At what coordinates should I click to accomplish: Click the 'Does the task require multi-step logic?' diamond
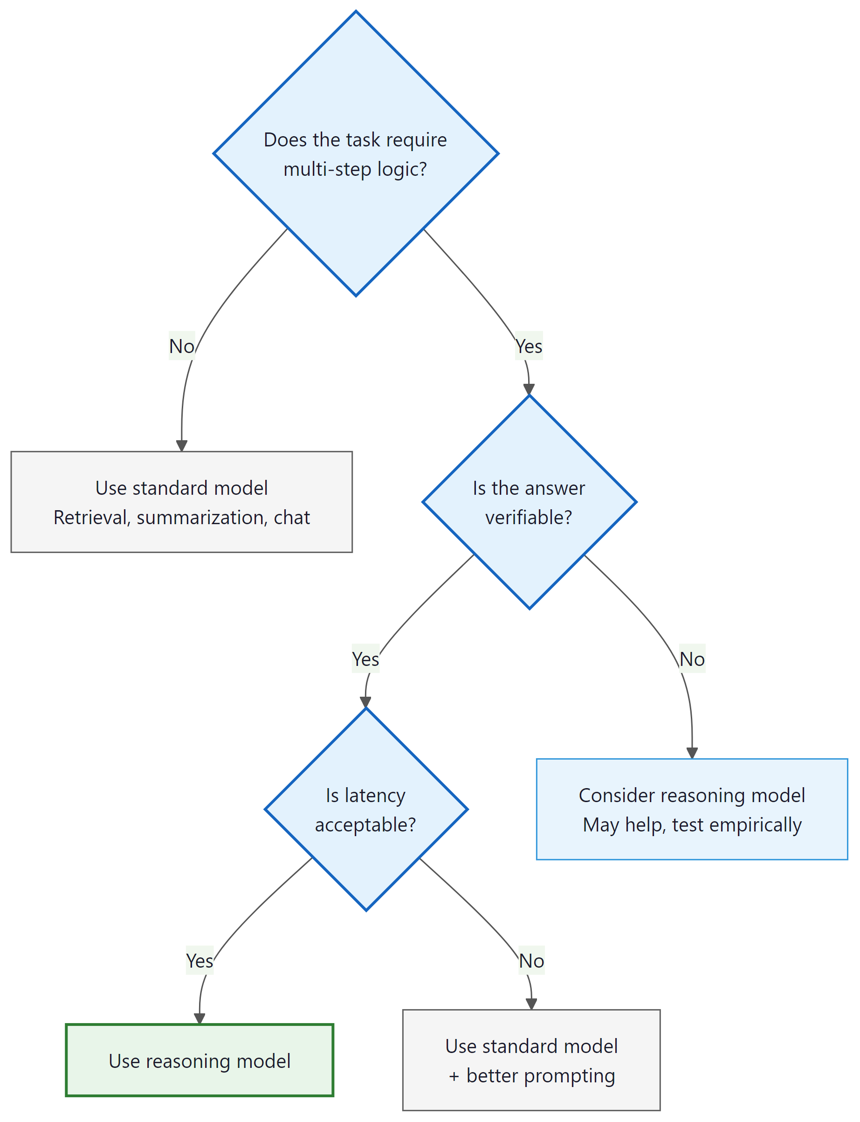coord(356,153)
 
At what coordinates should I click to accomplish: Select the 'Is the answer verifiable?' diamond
coord(529,502)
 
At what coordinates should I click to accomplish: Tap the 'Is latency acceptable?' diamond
coord(365,810)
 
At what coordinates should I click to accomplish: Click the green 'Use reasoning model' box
coord(200,1060)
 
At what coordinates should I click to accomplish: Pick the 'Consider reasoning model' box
coord(692,810)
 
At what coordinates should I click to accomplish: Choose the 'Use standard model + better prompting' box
coord(531,1060)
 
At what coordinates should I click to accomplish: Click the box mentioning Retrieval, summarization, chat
coord(182,502)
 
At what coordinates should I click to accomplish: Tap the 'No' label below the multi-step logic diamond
coord(182,346)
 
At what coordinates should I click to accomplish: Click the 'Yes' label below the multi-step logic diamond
coord(529,346)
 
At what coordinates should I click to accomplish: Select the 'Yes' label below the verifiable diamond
coord(365,659)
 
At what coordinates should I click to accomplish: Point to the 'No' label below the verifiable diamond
coord(692,659)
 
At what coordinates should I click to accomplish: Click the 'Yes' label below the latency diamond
coord(200,961)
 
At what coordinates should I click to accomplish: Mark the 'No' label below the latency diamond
coord(531,961)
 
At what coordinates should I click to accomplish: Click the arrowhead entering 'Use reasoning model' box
coord(200,1018)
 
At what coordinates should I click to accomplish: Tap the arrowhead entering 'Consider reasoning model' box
coord(692,753)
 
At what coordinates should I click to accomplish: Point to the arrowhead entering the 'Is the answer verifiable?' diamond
coord(529,390)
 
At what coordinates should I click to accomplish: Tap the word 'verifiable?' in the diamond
coord(529,518)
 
